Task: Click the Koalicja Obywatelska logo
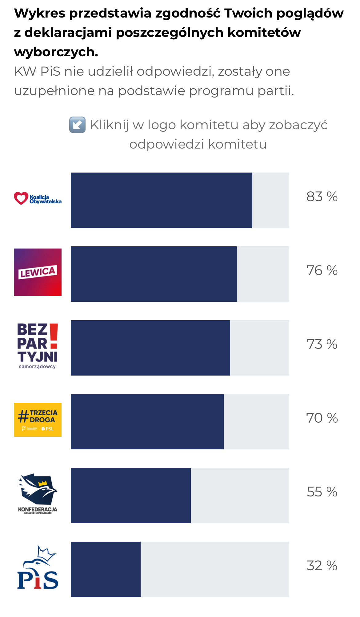[x=38, y=199]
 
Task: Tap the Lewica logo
[x=38, y=272]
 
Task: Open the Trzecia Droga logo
[x=38, y=420]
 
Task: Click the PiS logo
[x=38, y=567]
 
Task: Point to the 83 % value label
[x=322, y=197]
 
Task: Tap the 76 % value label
[x=322, y=270]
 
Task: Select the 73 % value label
[x=322, y=344]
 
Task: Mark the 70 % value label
[x=322, y=418]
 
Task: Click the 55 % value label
[x=322, y=492]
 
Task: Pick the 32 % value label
[x=322, y=566]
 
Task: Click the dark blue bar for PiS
[x=106, y=569]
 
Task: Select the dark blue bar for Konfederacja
[x=131, y=496]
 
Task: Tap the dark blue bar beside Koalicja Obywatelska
[x=161, y=200]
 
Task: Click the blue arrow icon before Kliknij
[x=77, y=125]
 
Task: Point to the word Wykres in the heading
[x=40, y=13]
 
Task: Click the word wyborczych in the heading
[x=56, y=52]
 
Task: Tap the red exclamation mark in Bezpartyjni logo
[x=54, y=336]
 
